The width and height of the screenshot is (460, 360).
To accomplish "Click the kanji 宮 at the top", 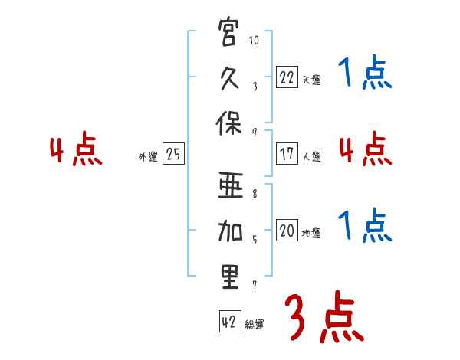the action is coord(228,31).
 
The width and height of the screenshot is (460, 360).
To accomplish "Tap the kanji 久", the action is coord(229,78).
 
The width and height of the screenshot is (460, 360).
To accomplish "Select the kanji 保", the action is coord(228,123).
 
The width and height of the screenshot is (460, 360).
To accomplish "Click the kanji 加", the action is coord(230,231).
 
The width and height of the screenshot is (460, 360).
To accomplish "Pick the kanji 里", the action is coord(230,277).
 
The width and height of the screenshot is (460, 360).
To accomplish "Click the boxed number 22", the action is coord(287,77).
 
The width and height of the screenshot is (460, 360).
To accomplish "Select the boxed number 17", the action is coord(287,153).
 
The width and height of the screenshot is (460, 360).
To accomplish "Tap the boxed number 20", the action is coord(287,230).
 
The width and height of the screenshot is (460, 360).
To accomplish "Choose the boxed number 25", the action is coord(173,153).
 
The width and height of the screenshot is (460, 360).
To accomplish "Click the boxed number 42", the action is coord(230,321).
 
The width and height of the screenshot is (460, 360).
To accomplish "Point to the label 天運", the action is coord(312,80).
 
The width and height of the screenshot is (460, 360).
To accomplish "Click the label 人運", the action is coord(312,156).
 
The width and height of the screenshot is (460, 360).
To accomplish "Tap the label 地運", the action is coord(311,234).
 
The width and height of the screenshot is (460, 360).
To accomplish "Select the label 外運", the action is coord(148,157).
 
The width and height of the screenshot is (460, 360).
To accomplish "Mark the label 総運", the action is coord(255,324).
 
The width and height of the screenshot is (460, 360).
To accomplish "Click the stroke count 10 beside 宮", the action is coord(254,40).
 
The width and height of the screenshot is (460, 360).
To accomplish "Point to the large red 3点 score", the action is coord(324,316).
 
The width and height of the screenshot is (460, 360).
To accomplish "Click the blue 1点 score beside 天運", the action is coord(365,72).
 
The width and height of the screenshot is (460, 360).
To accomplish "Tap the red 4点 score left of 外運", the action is coord(76,149).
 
